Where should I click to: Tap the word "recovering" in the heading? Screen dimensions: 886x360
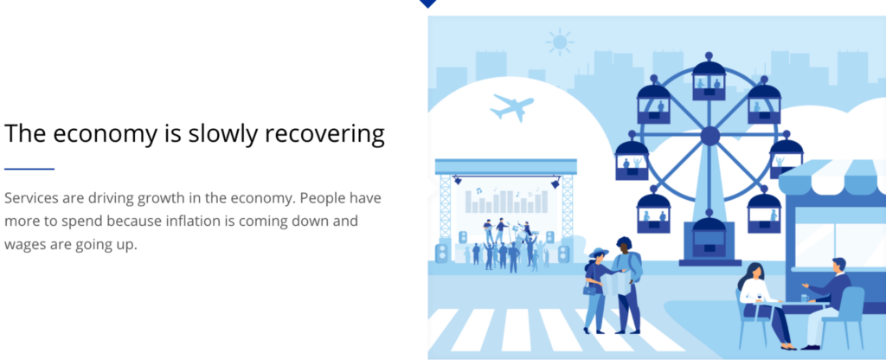click(325, 134)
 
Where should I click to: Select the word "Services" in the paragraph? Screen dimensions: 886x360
click(29, 198)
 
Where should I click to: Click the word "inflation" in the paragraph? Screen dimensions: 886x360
click(193, 221)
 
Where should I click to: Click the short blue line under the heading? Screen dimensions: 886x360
click(29, 169)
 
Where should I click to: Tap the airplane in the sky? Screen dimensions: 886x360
click(512, 107)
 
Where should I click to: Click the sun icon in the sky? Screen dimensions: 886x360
click(560, 42)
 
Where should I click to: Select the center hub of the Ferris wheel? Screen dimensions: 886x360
click(709, 136)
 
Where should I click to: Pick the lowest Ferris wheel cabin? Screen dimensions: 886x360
click(709, 237)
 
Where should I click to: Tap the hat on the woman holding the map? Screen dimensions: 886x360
click(599, 252)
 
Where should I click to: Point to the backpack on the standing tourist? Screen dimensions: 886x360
click(637, 266)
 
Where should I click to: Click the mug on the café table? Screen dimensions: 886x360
click(805, 298)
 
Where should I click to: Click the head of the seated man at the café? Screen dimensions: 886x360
click(839, 265)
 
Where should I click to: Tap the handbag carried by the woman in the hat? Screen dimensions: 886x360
click(590, 290)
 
